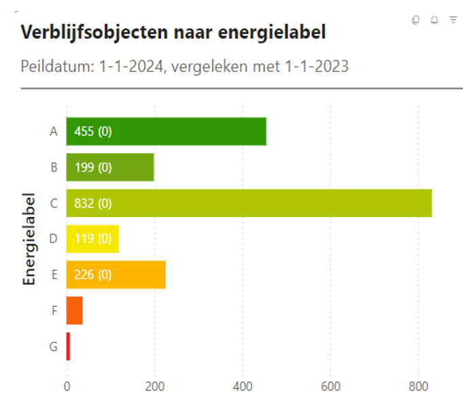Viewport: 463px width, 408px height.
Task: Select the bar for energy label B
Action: pyautogui.click(x=129, y=167)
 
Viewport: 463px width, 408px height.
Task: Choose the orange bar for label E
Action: pyautogui.click(x=136, y=275)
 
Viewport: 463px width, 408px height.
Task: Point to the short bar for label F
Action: pyautogui.click(x=74, y=311)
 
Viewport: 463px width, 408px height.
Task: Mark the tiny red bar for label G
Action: pyautogui.click(x=68, y=346)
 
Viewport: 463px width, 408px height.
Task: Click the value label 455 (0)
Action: pyautogui.click(x=92, y=131)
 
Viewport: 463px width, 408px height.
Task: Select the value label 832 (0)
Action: pyautogui.click(x=92, y=203)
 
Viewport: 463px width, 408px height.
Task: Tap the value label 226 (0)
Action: pyautogui.click(x=92, y=275)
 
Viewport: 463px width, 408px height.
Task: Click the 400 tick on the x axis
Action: pyautogui.click(x=243, y=386)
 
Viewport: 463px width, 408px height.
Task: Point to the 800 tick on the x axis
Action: pyautogui.click(x=418, y=386)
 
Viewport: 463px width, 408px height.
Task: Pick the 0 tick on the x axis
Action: pyautogui.click(x=67, y=386)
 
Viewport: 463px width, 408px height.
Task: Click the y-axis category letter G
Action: pyautogui.click(x=54, y=346)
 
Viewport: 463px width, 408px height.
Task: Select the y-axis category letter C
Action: pyautogui.click(x=54, y=203)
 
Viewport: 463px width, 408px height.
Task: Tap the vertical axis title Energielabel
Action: pyautogui.click(x=29, y=239)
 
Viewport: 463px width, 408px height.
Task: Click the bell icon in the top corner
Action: pyautogui.click(x=434, y=20)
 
